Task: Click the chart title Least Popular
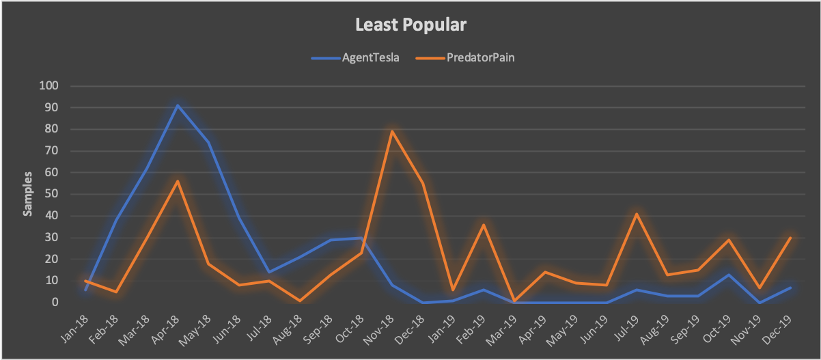click(410, 26)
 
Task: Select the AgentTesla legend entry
click(370, 57)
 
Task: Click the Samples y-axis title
click(28, 194)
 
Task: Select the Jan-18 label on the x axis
click(70, 330)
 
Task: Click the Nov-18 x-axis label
click(377, 330)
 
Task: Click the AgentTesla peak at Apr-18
click(178, 105)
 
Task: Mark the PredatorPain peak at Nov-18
click(392, 131)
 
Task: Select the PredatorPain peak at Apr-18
click(178, 181)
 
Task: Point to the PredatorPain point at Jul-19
click(637, 214)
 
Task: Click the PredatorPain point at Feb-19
click(484, 225)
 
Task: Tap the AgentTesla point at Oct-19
click(729, 275)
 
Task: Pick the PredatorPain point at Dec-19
click(790, 238)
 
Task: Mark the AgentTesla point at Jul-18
click(269, 272)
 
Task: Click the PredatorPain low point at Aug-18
click(300, 301)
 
